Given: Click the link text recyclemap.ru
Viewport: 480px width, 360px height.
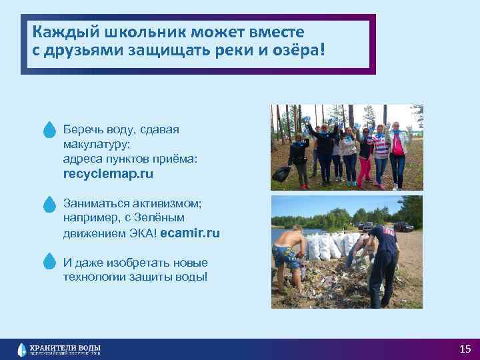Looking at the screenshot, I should [108, 174].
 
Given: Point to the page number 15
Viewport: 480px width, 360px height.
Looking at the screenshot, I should [465, 349].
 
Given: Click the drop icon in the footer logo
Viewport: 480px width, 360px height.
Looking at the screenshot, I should [23, 349].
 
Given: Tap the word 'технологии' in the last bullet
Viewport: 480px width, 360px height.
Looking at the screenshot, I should [93, 276].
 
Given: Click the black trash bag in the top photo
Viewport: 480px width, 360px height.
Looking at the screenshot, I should [281, 175].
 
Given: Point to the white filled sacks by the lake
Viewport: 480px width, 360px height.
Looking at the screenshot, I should [327, 247].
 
